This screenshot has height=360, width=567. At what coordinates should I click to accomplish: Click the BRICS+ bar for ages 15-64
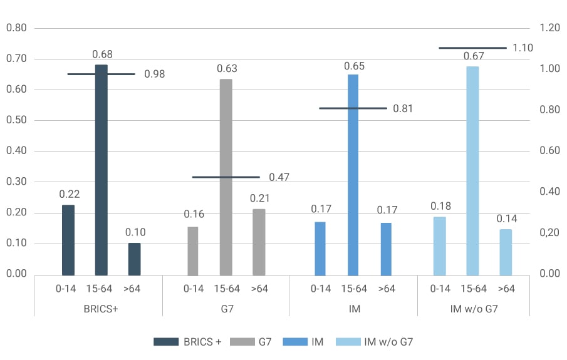[101, 169]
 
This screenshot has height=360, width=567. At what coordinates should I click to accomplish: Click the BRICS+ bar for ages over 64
[134, 259]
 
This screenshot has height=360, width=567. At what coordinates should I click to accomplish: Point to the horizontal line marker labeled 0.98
[101, 74]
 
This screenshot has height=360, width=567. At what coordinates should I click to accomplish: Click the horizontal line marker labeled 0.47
[226, 177]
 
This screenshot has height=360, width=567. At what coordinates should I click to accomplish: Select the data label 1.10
[522, 48]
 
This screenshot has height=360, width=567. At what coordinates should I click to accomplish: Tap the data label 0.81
[403, 108]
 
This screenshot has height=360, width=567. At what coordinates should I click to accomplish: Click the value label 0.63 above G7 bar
[226, 68]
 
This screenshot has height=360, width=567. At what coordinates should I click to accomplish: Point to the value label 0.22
[69, 195]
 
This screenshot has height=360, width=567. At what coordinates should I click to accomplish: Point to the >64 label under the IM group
[385, 289]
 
